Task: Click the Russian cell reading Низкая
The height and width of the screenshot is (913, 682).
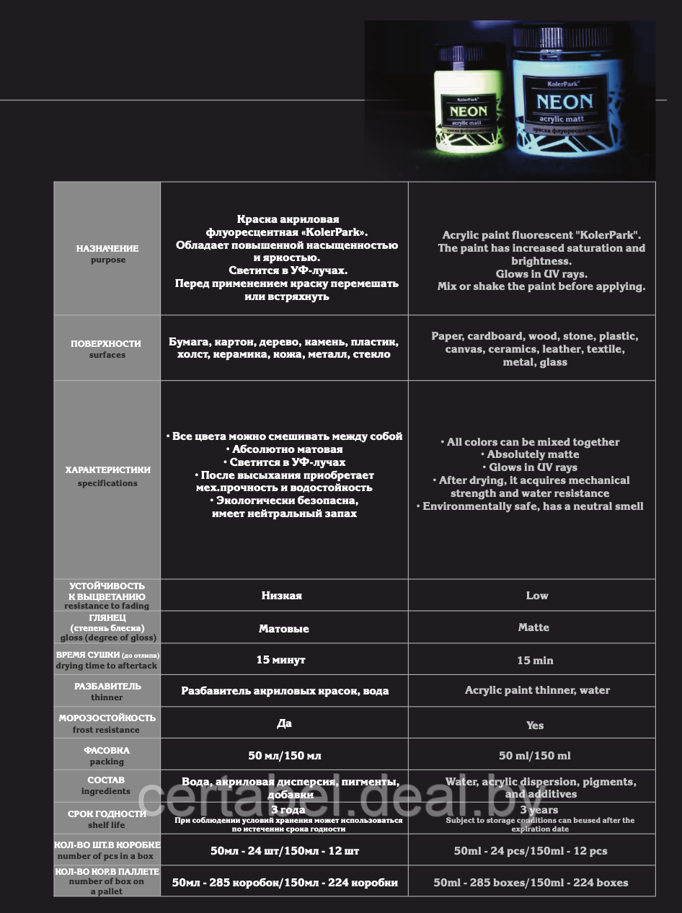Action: [282, 596]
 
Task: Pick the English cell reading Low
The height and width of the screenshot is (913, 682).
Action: [537, 596]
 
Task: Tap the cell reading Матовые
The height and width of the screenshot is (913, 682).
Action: [283, 629]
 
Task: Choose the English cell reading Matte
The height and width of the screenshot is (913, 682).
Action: [533, 627]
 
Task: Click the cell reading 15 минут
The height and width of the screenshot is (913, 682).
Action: [281, 660]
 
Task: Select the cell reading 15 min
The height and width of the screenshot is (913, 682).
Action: [535, 661]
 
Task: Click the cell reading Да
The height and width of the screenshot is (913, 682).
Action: [284, 723]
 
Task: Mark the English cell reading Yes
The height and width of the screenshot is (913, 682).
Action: [535, 725]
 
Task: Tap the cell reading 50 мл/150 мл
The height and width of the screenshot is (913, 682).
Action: [285, 756]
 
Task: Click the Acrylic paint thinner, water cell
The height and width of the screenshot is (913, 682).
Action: [537, 690]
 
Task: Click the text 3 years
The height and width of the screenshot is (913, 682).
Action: [539, 810]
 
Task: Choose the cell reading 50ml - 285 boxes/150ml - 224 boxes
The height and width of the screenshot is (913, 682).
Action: [531, 883]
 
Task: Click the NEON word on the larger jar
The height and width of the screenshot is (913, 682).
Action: [564, 102]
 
